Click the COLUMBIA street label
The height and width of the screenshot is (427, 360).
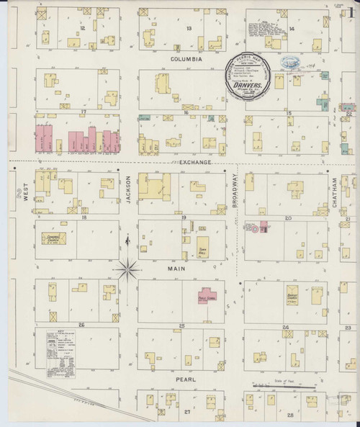(x=186, y=58)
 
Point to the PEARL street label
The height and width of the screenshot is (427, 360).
(x=186, y=377)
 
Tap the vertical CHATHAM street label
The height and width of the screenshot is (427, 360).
(x=336, y=189)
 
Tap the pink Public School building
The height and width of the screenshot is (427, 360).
(x=208, y=296)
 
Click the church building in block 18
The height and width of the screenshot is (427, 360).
(x=51, y=238)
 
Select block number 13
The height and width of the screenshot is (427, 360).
(x=189, y=28)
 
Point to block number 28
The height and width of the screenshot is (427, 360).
(x=290, y=415)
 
